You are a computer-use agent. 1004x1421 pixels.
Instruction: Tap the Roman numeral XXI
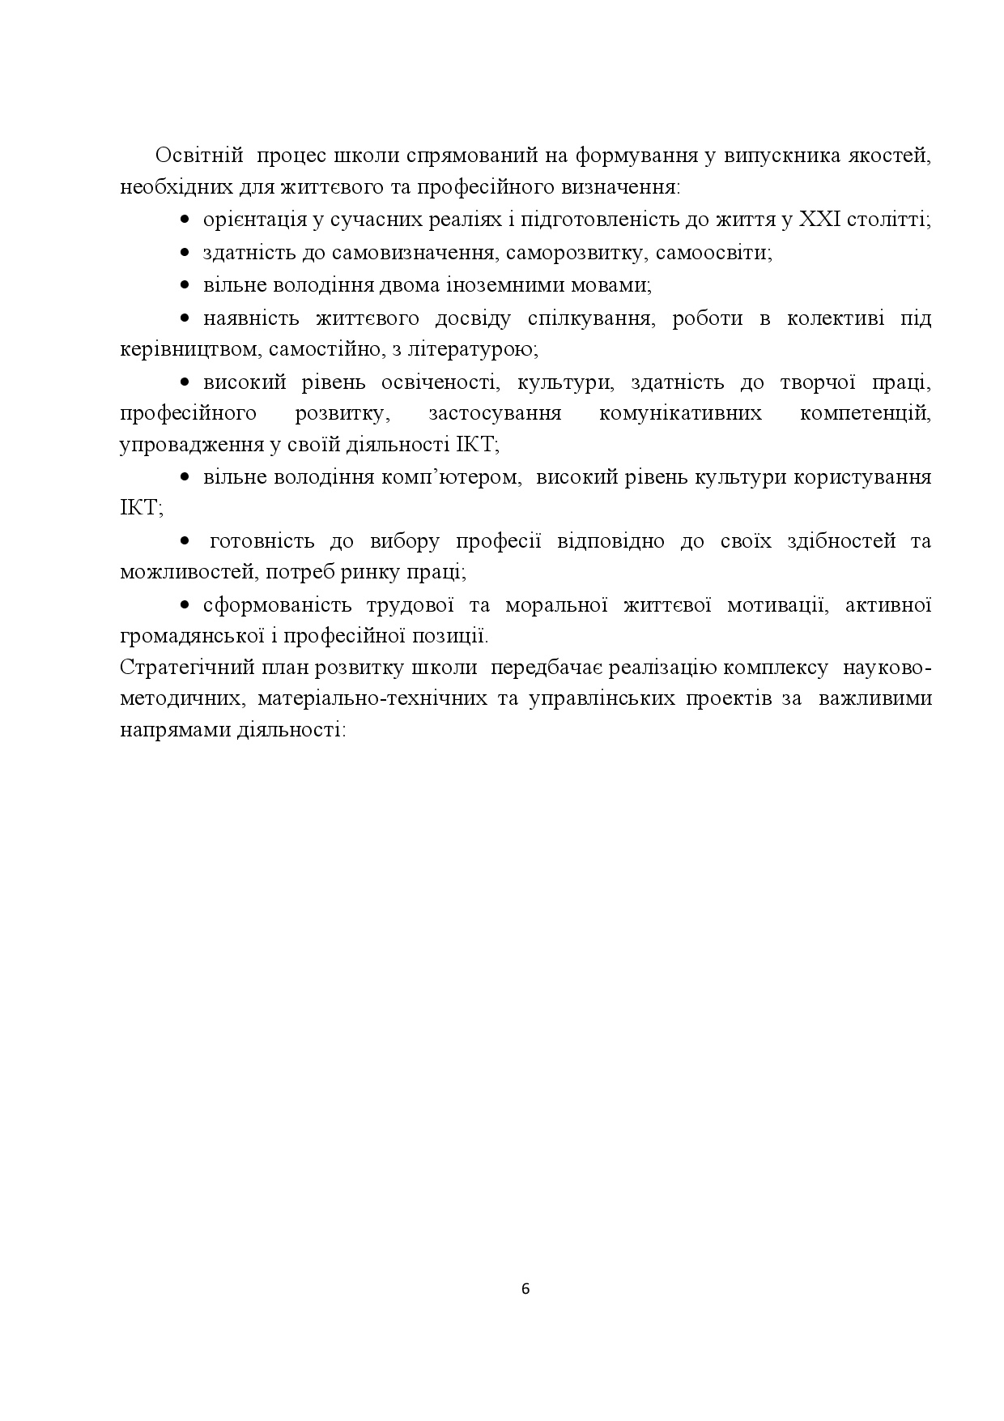[x=820, y=220]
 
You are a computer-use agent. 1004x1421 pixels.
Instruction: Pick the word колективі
[x=834, y=318]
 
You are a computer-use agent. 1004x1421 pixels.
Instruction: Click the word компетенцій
[x=866, y=413]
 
